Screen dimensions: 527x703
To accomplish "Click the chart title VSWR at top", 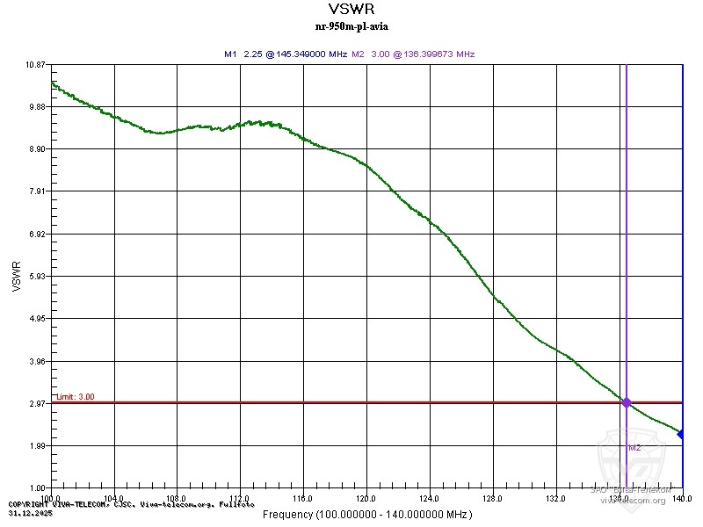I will [x=351, y=10].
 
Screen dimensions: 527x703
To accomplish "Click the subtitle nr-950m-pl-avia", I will [x=351, y=25].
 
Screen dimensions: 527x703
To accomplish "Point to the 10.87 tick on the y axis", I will [x=34, y=65].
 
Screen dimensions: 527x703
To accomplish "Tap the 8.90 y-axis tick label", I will [x=36, y=149].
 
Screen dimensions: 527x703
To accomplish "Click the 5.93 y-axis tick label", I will [x=36, y=277].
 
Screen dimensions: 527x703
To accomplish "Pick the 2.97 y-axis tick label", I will [x=36, y=404].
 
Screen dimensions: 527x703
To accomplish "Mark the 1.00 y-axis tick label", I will [x=36, y=488].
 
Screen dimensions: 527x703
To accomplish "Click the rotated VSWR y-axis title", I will [x=16, y=276].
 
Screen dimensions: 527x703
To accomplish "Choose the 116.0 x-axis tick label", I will [x=303, y=498].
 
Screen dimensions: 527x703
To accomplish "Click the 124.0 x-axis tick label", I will [x=430, y=498].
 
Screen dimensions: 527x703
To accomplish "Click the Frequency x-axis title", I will [x=366, y=514].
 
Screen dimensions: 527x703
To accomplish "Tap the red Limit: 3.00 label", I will [x=75, y=397].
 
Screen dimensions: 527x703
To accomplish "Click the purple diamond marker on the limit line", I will [x=627, y=402].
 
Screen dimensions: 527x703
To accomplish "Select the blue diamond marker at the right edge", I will [x=682, y=435].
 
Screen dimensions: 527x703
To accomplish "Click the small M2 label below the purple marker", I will [x=634, y=448].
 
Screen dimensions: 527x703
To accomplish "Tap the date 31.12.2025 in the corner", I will [x=26, y=512].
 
